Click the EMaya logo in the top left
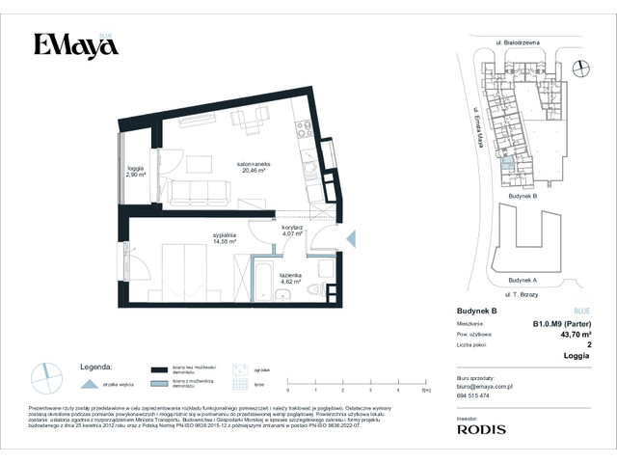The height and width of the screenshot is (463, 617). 70,45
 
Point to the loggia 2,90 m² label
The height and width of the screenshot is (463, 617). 135,172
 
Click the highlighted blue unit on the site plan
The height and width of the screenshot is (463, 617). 508,165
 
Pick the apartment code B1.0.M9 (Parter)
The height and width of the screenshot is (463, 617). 561,324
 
